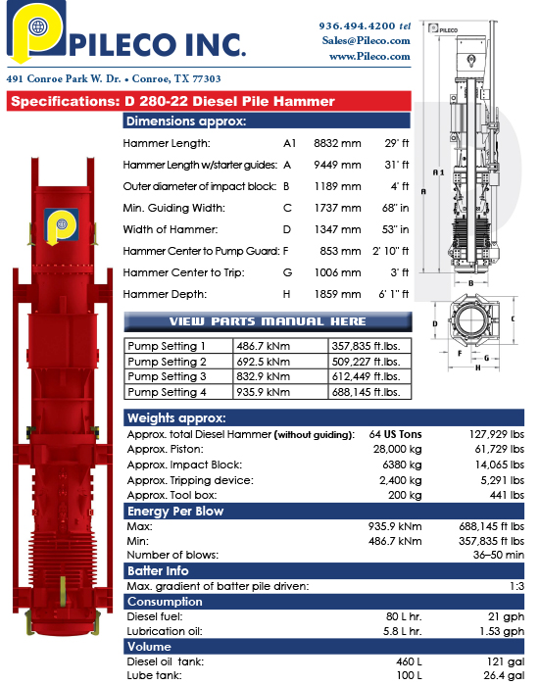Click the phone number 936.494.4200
(357, 24)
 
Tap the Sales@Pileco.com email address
(366, 40)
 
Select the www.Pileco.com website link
(369, 57)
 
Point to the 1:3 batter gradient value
(514, 586)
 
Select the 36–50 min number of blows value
(499, 555)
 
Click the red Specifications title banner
(171, 101)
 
